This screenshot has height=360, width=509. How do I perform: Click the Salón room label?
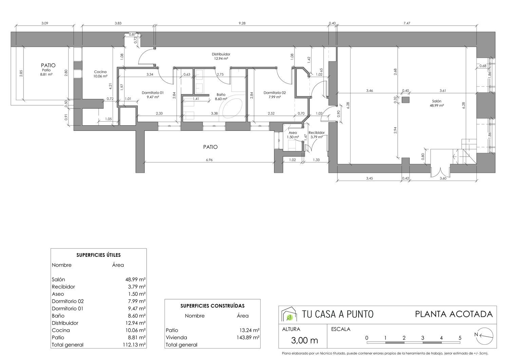[x=436, y=101]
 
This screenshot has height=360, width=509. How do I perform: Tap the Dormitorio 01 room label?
[x=153, y=93]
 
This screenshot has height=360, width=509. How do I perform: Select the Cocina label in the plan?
[x=100, y=72]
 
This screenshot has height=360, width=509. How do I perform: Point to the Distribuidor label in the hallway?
[x=221, y=54]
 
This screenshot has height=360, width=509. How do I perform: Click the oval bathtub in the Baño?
[x=232, y=108]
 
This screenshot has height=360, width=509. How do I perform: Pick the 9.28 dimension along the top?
[x=242, y=23]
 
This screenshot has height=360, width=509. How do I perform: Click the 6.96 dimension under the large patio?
[x=209, y=160]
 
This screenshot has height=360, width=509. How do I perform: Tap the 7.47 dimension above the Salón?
[x=407, y=23]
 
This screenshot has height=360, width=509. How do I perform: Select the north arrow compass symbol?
[x=484, y=335]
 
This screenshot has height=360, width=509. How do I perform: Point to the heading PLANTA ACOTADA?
[x=454, y=314]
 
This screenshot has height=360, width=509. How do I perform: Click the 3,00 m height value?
[x=304, y=340]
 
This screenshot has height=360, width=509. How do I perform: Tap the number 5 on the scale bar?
[x=460, y=338]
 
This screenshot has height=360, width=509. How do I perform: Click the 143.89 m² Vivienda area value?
[x=248, y=338]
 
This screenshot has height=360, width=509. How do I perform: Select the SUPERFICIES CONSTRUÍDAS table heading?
[x=212, y=306]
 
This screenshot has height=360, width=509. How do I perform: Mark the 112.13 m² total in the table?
[x=134, y=345]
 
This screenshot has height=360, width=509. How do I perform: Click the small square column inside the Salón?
[x=406, y=100]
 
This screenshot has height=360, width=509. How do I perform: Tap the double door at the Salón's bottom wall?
[x=440, y=172]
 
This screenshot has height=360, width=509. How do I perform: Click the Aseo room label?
[x=293, y=133]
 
